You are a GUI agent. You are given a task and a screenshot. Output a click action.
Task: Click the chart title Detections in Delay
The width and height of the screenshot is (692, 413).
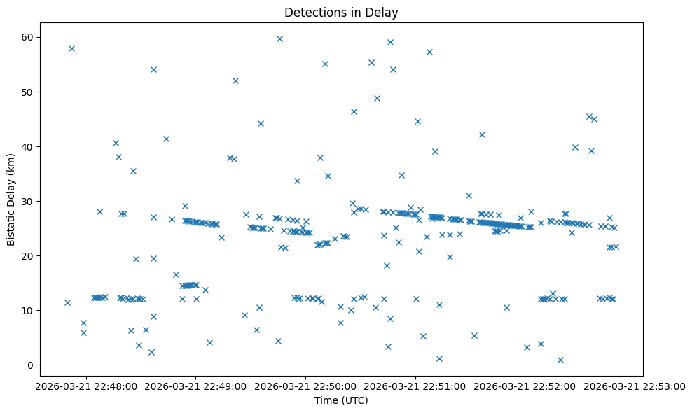pos(341,12)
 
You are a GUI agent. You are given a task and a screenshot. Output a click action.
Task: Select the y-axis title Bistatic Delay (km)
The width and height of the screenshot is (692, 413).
pos(12,201)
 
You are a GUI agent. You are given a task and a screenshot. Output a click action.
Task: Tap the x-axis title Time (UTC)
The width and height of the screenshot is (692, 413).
pos(341,400)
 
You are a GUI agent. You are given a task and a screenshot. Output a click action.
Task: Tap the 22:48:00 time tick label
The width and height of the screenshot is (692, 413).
pos(86,385)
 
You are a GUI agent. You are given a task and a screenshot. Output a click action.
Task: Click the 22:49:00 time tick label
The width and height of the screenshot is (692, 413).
pos(196,385)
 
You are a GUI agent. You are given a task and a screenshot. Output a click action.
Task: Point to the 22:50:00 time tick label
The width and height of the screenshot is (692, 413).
pos(305,385)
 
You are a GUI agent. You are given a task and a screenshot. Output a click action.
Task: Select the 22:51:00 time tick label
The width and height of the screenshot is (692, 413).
pos(415,385)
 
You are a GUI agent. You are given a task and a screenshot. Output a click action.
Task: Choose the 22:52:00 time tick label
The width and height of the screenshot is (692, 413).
pos(525,385)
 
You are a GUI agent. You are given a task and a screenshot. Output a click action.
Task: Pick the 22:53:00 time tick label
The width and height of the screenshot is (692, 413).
pos(635,385)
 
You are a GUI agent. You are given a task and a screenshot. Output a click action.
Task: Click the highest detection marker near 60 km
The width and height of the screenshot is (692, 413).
pos(279,38)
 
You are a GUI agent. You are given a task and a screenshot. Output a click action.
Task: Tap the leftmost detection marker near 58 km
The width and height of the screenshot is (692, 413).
pos(71,48)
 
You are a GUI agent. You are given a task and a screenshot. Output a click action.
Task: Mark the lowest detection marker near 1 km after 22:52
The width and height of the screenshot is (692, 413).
pos(560,360)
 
